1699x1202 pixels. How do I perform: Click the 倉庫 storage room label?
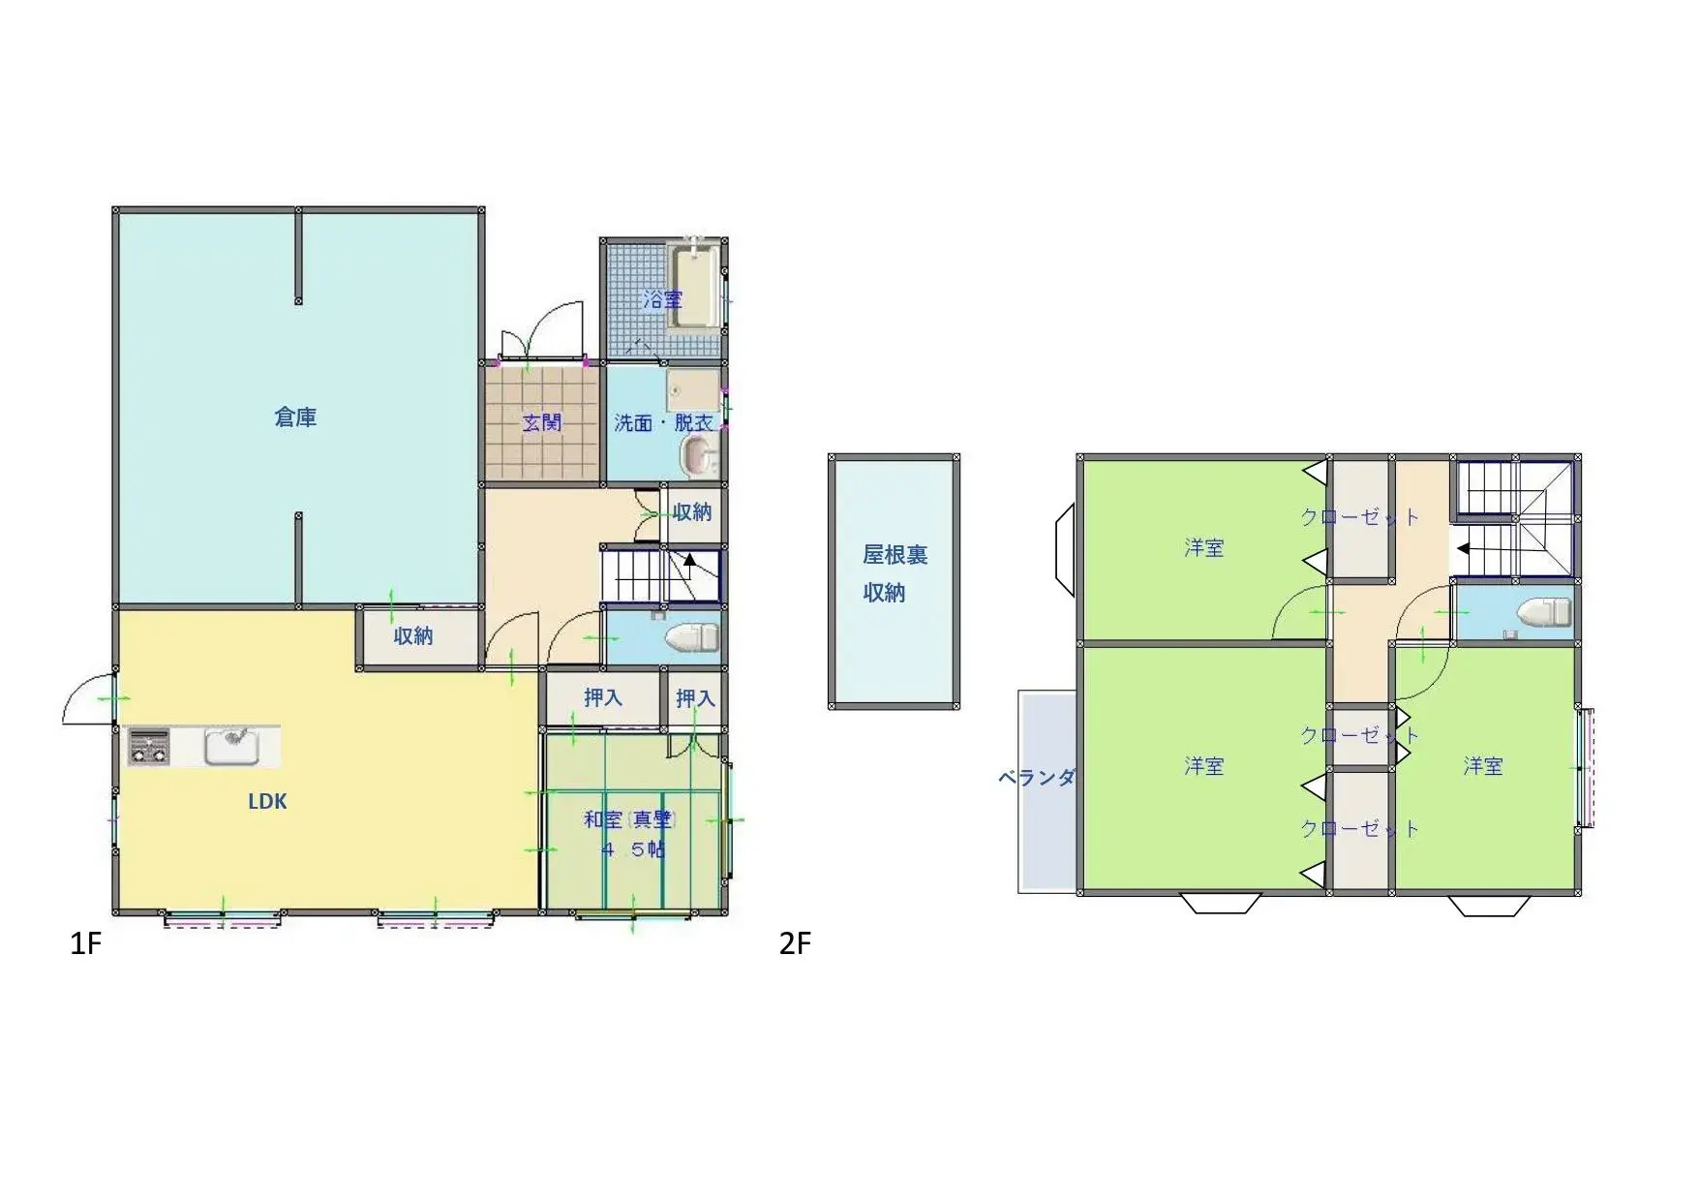tap(295, 417)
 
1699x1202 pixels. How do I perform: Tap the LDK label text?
tap(267, 801)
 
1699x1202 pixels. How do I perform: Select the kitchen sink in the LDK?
tap(230, 746)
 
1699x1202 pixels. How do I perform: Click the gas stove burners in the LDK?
tap(149, 747)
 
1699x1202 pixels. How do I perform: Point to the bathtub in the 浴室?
tap(694, 287)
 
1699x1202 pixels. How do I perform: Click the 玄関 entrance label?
tap(542, 422)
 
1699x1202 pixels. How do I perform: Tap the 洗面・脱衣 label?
tap(663, 423)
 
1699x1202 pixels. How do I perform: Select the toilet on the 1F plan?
tap(691, 638)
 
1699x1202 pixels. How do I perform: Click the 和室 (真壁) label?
tap(629, 819)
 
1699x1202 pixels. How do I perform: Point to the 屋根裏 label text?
tap(895, 555)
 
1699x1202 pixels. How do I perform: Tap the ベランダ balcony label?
tap(1037, 777)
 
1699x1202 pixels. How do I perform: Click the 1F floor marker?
tap(85, 943)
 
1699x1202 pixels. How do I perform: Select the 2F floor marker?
tap(795, 943)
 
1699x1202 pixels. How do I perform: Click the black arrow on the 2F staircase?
tap(1464, 548)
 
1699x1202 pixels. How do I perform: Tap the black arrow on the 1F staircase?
tap(689, 559)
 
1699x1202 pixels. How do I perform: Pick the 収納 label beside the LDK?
tap(413, 636)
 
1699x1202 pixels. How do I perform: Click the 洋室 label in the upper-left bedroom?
tap(1203, 548)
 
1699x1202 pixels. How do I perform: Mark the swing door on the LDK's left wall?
tap(89, 697)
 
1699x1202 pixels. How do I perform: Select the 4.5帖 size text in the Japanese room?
tap(633, 849)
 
